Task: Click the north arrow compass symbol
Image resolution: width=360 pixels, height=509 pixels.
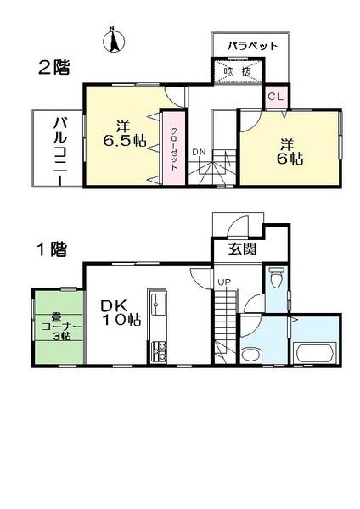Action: pyautogui.click(x=113, y=40)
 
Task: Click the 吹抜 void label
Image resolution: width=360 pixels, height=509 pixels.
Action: pyautogui.click(x=237, y=71)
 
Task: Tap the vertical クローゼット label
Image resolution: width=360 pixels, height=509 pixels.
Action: pyautogui.click(x=173, y=146)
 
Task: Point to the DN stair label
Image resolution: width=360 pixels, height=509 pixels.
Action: pyautogui.click(x=199, y=152)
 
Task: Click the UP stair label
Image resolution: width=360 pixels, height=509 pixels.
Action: pyautogui.click(x=223, y=282)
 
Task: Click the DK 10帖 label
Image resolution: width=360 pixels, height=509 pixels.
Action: pyautogui.click(x=121, y=311)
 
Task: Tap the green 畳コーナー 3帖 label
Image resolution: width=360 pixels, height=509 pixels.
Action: pyautogui.click(x=58, y=326)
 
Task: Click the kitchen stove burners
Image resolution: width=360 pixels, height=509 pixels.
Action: pyautogui.click(x=158, y=350)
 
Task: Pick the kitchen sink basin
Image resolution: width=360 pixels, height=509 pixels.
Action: pyautogui.click(x=158, y=304)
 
